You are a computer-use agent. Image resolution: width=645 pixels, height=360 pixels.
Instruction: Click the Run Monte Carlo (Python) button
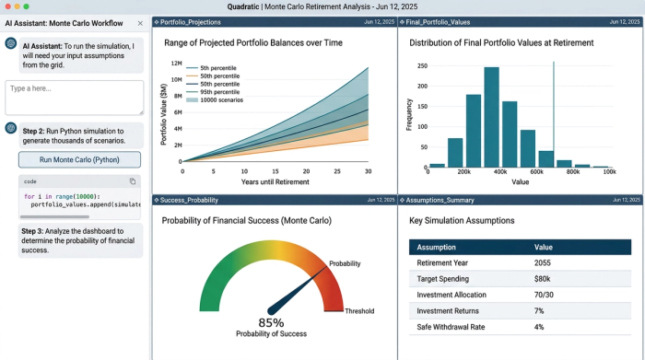pyautogui.click(x=79, y=159)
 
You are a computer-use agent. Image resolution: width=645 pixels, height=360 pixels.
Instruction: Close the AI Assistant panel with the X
pyautogui.click(x=139, y=23)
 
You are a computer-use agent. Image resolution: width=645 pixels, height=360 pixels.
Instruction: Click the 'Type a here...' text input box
pyautogui.click(x=75, y=98)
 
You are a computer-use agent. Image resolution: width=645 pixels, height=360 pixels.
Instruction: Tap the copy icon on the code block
pyautogui.click(x=133, y=181)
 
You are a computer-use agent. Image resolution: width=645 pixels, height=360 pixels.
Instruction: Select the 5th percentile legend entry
pyautogui.click(x=218, y=67)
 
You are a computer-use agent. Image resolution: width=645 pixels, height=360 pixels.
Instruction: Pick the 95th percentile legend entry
pyautogui.click(x=220, y=91)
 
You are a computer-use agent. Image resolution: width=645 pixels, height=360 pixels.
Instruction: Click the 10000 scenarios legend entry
pyautogui.click(x=221, y=99)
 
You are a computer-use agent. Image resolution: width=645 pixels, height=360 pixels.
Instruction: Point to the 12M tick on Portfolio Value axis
pyautogui.click(x=174, y=63)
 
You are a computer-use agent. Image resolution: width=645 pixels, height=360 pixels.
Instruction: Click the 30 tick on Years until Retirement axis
pyautogui.click(x=368, y=170)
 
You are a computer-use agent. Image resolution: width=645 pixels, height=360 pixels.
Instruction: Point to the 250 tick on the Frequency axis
pyautogui.click(x=421, y=66)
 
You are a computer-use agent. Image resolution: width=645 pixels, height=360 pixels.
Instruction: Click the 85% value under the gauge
pyautogui.click(x=271, y=322)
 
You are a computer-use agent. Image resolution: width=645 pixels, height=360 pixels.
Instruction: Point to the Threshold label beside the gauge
pyautogui.click(x=359, y=311)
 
